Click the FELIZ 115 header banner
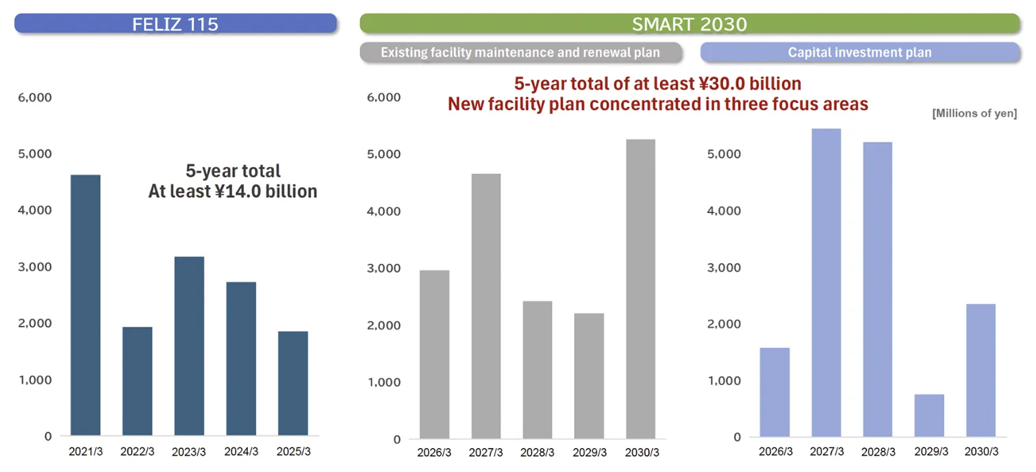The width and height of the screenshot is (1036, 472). tap(175, 24)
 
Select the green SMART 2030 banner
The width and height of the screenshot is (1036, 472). tap(689, 24)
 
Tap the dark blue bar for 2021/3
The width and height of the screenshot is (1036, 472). tap(86, 306)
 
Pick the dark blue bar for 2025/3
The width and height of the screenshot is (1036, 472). tap(293, 384)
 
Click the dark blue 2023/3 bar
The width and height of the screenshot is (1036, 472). tap(189, 346)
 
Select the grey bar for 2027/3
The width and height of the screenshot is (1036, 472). tap(486, 306)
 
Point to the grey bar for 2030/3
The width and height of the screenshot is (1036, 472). tap(641, 288)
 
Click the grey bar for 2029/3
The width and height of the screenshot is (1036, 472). tap(589, 375)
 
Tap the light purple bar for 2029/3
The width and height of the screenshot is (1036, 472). tap(929, 415)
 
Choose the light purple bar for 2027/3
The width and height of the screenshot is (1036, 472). tap(826, 282)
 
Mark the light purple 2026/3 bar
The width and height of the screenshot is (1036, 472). tap(774, 392)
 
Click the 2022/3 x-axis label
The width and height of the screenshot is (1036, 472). tap(138, 451)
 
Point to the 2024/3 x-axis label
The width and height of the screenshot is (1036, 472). tap(241, 451)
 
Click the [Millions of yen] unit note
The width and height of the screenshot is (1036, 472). tap(974, 114)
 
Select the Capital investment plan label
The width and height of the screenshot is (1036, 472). tap(859, 52)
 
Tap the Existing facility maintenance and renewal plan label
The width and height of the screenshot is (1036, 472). tap(520, 52)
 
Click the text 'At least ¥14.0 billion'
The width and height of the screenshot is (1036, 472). tap(233, 191)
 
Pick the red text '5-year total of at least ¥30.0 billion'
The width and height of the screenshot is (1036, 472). tap(657, 84)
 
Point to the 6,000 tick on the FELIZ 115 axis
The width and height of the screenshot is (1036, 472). tap(34, 97)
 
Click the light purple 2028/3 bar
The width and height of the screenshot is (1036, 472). tap(877, 289)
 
